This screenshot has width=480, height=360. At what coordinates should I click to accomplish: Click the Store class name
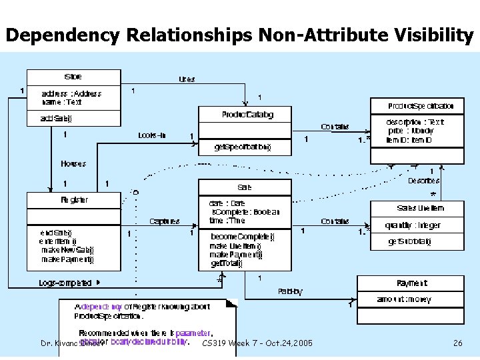pyautogui.click(x=73, y=77)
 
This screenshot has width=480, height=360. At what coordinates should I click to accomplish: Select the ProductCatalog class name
pyautogui.click(x=247, y=115)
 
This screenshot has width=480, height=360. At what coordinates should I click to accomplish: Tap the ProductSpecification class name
pyautogui.click(x=421, y=106)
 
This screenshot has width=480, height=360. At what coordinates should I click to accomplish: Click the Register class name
pyautogui.click(x=73, y=199)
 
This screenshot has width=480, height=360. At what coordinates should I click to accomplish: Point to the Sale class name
pyautogui.click(x=245, y=187)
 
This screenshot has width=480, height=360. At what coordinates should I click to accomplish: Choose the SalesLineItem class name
pyautogui.click(x=420, y=208)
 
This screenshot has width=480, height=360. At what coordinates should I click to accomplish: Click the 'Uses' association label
pyautogui.click(x=187, y=79)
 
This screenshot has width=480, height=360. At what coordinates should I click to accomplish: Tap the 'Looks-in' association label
pyautogui.click(x=152, y=135)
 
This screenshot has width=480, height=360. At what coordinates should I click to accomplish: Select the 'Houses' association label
pyautogui.click(x=73, y=163)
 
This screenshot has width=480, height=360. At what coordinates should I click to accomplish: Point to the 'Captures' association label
pyautogui.click(x=164, y=221)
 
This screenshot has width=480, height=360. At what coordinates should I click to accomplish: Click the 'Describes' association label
pyautogui.click(x=424, y=181)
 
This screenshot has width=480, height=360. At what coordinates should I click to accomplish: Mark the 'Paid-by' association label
pyautogui.click(x=290, y=291)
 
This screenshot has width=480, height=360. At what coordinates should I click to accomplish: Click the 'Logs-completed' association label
pyautogui.click(x=65, y=283)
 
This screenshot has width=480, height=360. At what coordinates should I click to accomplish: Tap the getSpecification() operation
pyautogui.click(x=242, y=146)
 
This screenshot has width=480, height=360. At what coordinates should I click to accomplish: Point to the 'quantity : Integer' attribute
pyautogui.click(x=413, y=225)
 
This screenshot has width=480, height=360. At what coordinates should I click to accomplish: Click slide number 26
pyautogui.click(x=457, y=343)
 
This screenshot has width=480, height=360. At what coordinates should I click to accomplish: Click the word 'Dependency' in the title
pyautogui.click(x=55, y=35)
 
